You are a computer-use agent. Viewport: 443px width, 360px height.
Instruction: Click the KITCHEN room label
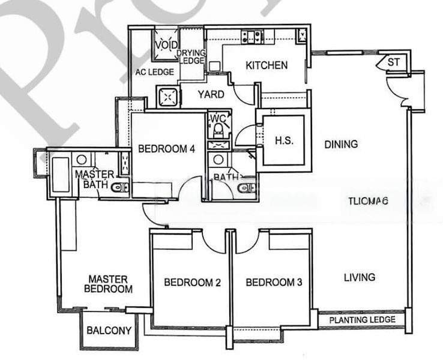[267, 65]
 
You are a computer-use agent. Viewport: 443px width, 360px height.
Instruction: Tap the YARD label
[211, 94]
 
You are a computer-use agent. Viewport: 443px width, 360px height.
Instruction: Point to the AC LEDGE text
[154, 72]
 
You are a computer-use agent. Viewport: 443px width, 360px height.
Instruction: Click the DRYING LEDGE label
[191, 57]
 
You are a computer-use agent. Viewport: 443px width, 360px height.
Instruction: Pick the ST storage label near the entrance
[393, 62]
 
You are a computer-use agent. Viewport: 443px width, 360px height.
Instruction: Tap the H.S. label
[283, 141]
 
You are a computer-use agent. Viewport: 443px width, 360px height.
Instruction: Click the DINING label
[341, 144]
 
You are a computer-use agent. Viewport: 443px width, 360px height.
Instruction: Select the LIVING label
[359, 277]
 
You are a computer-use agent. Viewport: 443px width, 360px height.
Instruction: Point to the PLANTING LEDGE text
[362, 320]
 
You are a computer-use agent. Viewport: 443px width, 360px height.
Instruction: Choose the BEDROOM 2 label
[189, 282]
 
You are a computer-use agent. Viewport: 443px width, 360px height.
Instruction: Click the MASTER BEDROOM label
[108, 284]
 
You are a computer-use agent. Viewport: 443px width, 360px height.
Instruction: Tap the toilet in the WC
[217, 127]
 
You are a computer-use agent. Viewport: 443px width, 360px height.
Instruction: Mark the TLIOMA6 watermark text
[369, 202]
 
